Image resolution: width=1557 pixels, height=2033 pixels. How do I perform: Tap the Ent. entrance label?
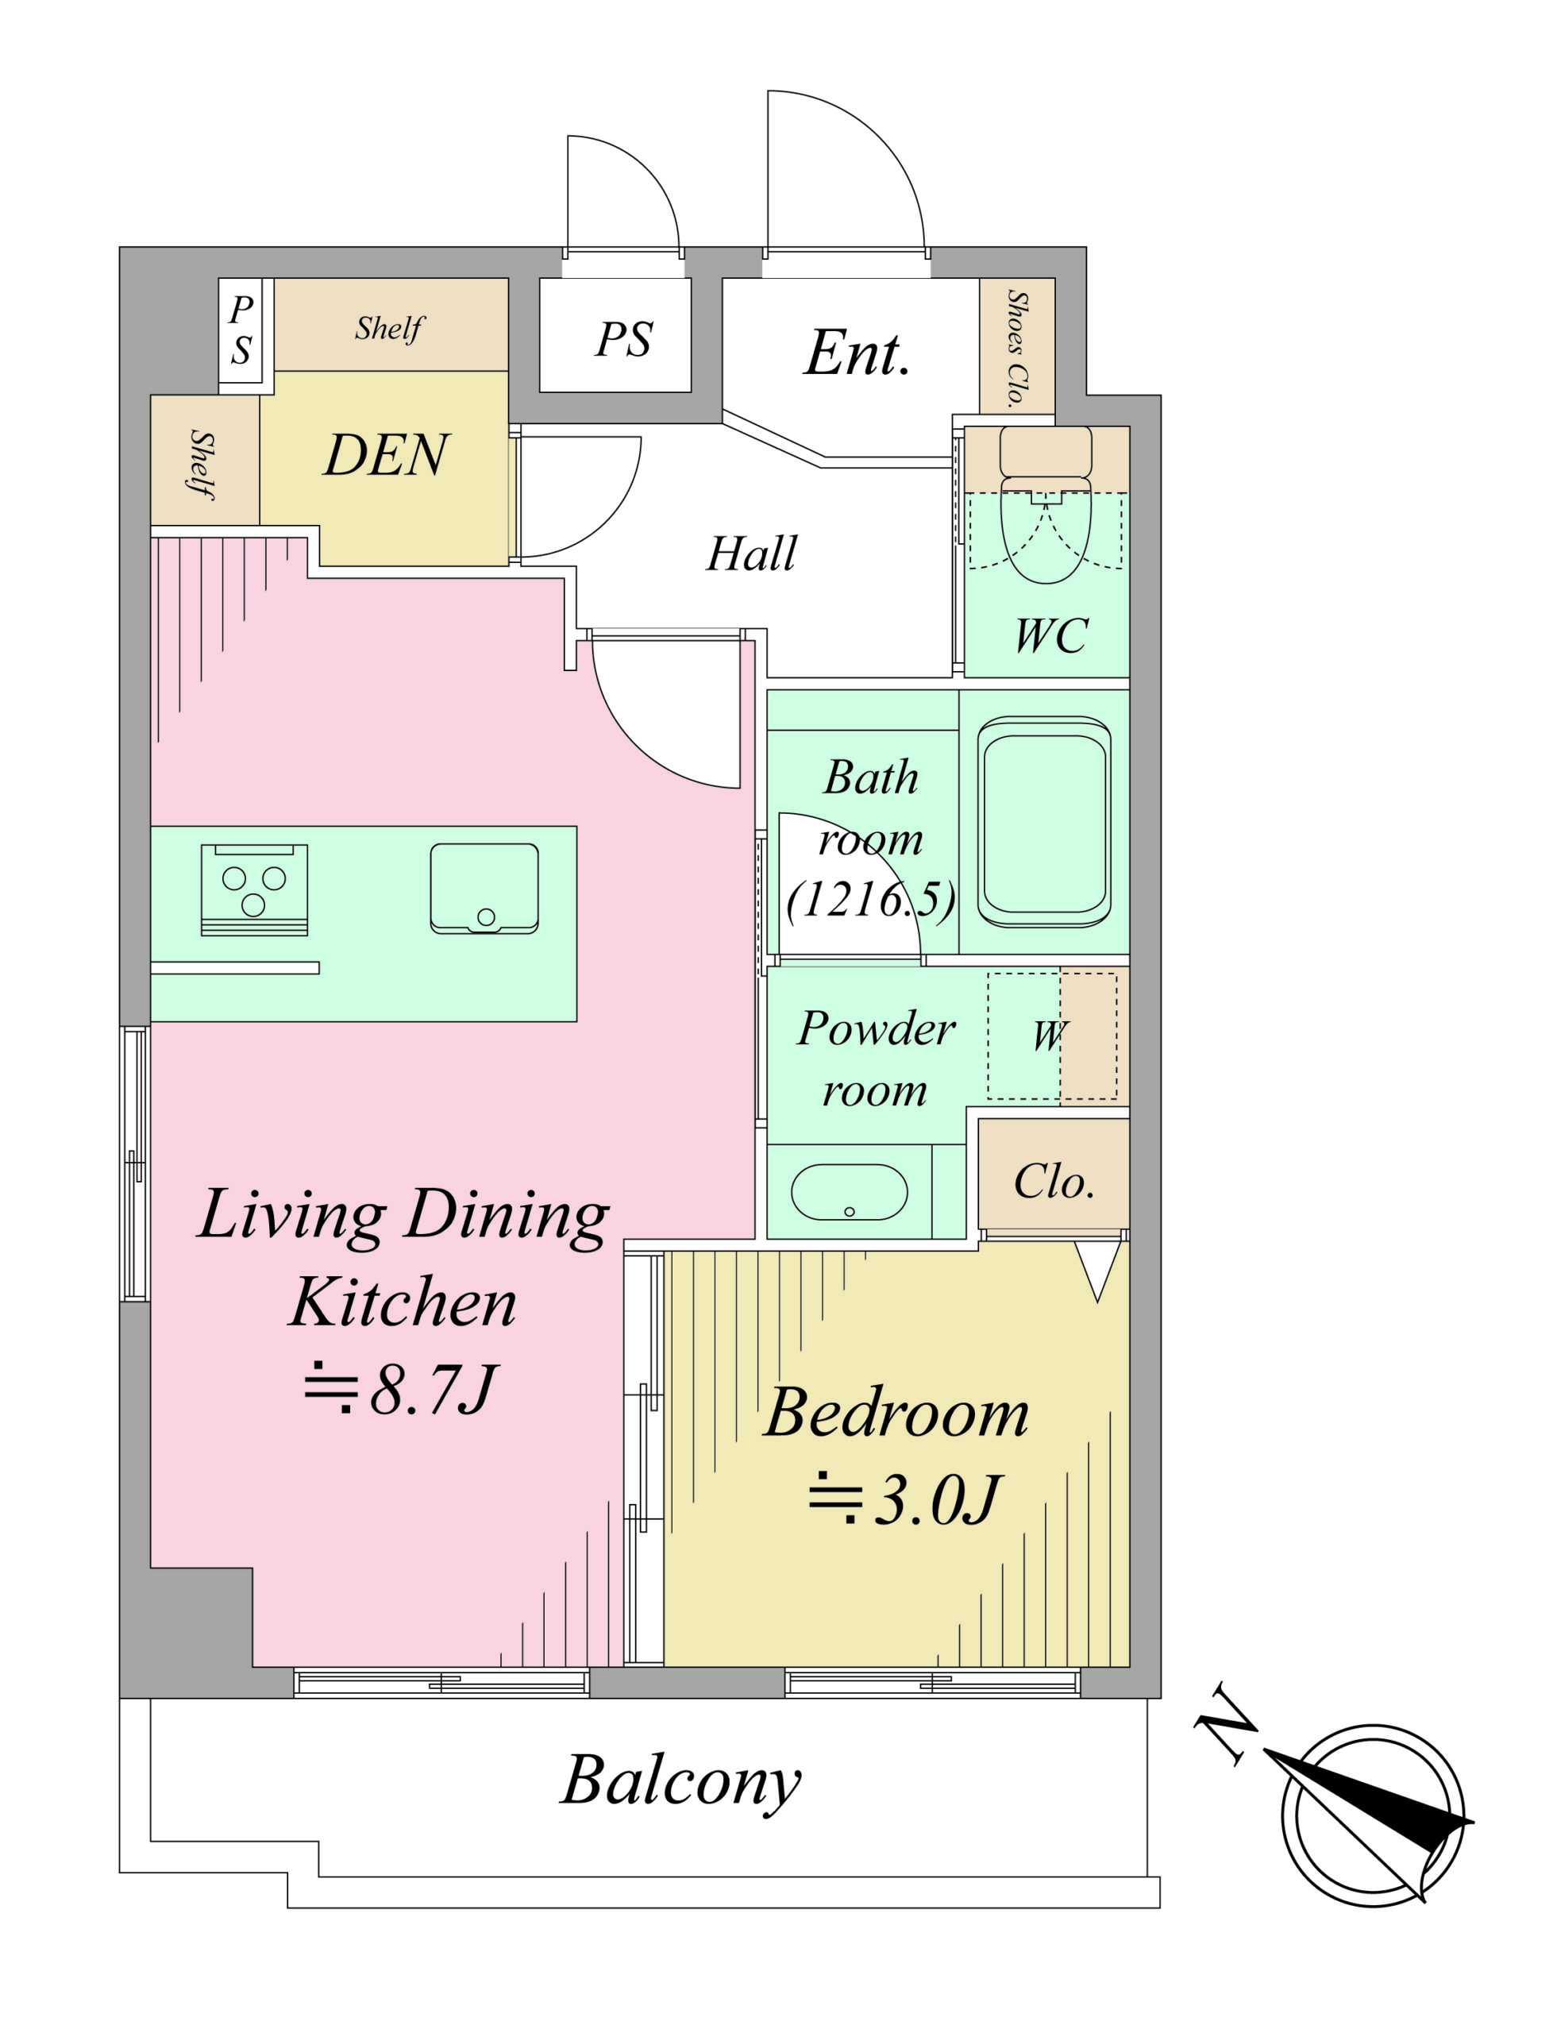pyautogui.click(x=858, y=353)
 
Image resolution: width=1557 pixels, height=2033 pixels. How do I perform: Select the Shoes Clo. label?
pyautogui.click(x=1018, y=349)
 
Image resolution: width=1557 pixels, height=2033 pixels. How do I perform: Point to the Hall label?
pyautogui.click(x=752, y=554)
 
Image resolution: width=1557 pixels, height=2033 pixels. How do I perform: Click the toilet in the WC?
pyautogui.click(x=1046, y=504)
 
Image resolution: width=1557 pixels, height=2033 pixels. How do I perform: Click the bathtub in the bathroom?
pyautogui.click(x=1045, y=822)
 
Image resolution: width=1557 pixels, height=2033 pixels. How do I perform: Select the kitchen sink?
pyautogui.click(x=484, y=888)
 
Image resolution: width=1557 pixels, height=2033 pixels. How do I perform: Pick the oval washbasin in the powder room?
pyautogui.click(x=849, y=1192)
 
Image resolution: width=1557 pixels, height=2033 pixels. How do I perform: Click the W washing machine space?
pyautogui.click(x=1051, y=1036)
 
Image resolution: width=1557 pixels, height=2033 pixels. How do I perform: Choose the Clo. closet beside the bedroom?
pyautogui.click(x=1054, y=1174)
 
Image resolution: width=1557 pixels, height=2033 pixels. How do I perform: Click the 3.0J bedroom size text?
pyautogui.click(x=904, y=1501)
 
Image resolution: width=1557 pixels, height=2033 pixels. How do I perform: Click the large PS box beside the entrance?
pyautogui.click(x=615, y=336)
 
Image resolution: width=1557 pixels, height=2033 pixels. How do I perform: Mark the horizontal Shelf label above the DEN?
pyautogui.click(x=389, y=328)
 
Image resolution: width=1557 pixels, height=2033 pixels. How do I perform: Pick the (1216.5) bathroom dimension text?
pyautogui.click(x=870, y=899)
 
